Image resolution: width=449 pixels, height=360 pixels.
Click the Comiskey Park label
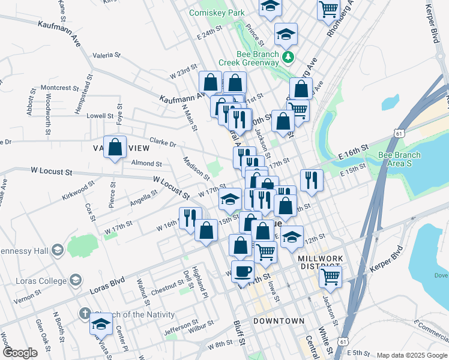217,12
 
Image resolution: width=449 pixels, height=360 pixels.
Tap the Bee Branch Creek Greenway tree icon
289,57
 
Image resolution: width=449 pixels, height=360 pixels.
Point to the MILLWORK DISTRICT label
321,262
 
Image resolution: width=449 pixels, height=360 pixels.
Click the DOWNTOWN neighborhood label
279,321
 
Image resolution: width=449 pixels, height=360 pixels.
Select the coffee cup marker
243,271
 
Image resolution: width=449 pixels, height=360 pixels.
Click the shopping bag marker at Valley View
115,146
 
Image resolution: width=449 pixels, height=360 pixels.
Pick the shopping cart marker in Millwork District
330,277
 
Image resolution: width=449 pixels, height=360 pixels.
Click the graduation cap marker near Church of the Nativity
101,325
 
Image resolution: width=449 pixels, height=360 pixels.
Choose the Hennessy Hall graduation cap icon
58,250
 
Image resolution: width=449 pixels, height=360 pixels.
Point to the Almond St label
146,163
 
